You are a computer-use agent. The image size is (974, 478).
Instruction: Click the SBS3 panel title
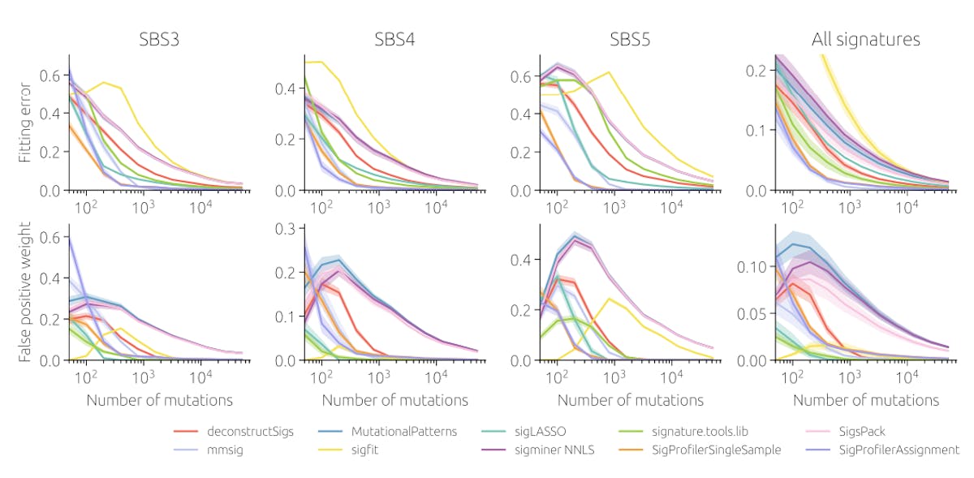pos(159,39)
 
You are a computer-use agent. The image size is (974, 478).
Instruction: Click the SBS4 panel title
pos(394,39)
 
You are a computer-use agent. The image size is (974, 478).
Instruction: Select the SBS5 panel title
pos(630,39)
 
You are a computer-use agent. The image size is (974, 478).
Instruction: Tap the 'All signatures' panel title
pos(865,39)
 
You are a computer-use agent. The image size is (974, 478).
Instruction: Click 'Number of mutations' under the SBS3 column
pos(159,400)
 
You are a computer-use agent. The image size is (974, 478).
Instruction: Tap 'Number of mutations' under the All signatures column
pos(865,400)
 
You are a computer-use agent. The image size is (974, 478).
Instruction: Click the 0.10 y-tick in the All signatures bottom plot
pos(752,266)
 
